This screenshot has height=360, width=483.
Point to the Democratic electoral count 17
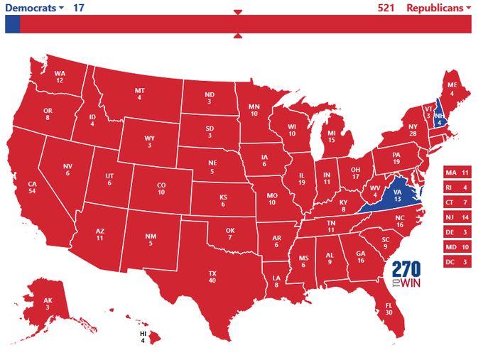[80, 8]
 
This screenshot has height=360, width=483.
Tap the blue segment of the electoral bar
[12, 24]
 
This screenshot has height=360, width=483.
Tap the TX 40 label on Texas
[212, 276]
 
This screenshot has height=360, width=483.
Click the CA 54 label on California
[32, 187]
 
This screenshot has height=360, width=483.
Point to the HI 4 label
[142, 337]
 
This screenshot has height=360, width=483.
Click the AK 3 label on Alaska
[48, 303]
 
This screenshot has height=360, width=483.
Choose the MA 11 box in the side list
[457, 173]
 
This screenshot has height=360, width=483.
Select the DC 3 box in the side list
[457, 262]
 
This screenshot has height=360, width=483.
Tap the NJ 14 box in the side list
[457, 217]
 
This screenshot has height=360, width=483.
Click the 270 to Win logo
[406, 274]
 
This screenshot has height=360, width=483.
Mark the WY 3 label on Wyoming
[149, 141]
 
